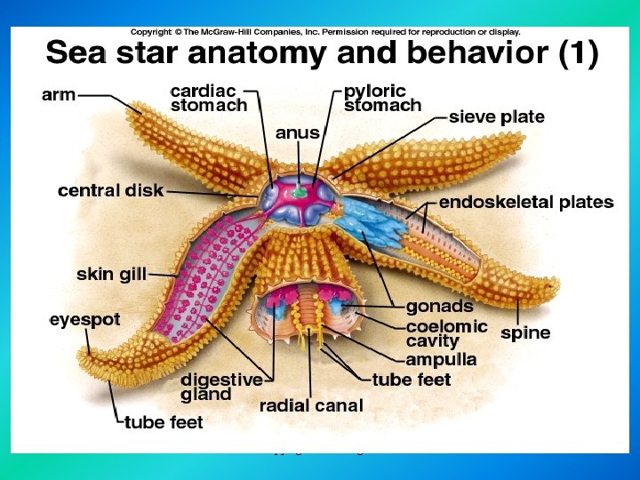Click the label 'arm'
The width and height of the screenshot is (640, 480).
[59, 95]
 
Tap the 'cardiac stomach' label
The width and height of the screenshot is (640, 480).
[209, 99]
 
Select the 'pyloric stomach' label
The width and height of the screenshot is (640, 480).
[382, 99]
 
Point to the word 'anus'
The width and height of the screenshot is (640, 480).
[298, 133]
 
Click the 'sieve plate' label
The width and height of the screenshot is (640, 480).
[497, 117]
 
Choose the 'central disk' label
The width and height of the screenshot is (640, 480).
[110, 190]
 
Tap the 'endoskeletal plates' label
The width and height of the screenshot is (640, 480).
[526, 203]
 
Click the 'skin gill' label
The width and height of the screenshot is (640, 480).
[111, 275]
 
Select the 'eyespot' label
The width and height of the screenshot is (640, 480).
[85, 320]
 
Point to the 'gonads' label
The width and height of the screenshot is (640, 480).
[440, 307]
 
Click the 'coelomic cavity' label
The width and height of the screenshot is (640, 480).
[447, 333]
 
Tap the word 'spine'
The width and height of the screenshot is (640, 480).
[525, 333]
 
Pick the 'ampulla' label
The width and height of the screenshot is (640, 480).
[441, 360]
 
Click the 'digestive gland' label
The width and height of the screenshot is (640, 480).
[221, 387]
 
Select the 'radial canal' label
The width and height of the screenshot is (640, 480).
[311, 405]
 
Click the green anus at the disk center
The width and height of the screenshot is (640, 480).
[300, 190]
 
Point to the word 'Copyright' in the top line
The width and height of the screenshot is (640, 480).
[151, 32]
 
